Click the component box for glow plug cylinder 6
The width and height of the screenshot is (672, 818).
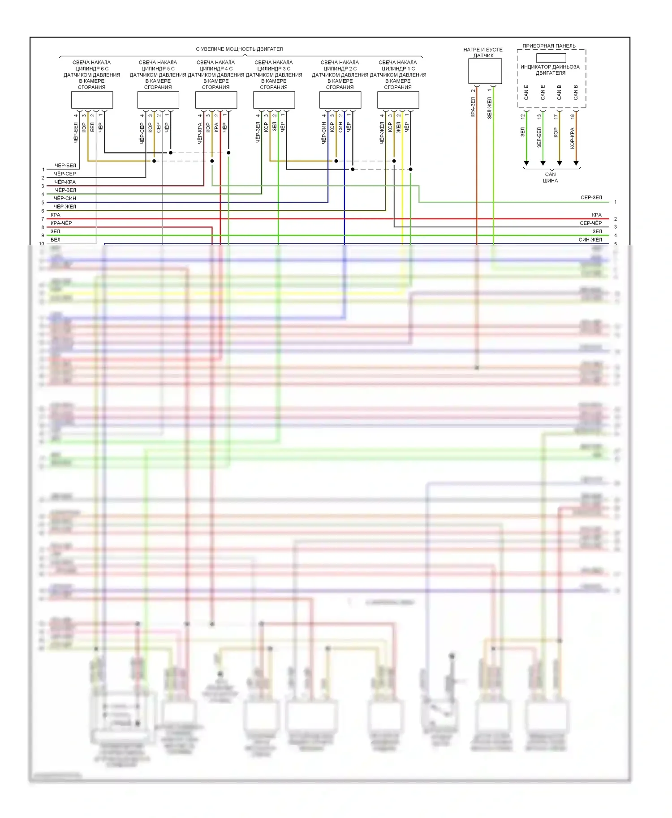[92, 100]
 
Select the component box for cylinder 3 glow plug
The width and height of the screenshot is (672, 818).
[274, 100]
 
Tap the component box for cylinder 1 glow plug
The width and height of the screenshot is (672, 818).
[398, 100]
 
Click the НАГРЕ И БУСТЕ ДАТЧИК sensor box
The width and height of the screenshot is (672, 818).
[485, 71]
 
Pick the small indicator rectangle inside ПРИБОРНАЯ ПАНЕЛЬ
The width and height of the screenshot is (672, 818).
[551, 58]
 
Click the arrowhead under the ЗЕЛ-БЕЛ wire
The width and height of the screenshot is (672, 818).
[543, 163]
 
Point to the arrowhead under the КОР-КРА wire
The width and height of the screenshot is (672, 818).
[576, 163]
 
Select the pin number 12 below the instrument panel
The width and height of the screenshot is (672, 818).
[523, 116]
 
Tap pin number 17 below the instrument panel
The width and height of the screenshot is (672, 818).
[556, 116]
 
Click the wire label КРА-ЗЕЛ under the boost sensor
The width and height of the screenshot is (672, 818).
[473, 107]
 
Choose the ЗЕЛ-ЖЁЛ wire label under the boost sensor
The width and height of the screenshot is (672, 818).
[490, 107]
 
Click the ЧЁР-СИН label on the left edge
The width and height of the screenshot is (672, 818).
[65, 198]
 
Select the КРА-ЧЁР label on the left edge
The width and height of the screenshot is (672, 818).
[61, 223]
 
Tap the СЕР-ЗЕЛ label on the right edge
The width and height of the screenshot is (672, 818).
[591, 197]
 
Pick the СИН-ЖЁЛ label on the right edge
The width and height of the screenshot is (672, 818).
[590, 239]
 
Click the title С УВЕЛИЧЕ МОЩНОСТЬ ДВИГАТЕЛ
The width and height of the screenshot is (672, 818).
[239, 49]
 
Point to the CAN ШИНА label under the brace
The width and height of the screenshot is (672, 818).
[550, 178]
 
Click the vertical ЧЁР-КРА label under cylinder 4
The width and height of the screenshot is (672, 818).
[200, 133]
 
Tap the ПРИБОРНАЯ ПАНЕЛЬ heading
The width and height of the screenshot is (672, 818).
[549, 46]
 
